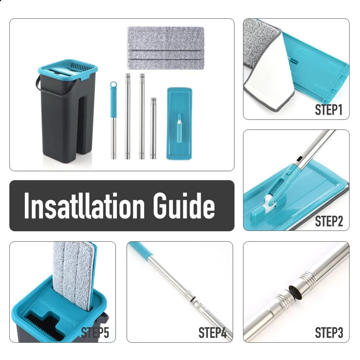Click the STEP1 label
pos(328,110)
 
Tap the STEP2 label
pos(328,221)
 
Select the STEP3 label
pos(328,333)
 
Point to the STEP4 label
pos(212,333)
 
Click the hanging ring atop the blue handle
pos(113,85)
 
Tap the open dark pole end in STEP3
pos(293,292)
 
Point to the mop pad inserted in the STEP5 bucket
pos(72,274)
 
